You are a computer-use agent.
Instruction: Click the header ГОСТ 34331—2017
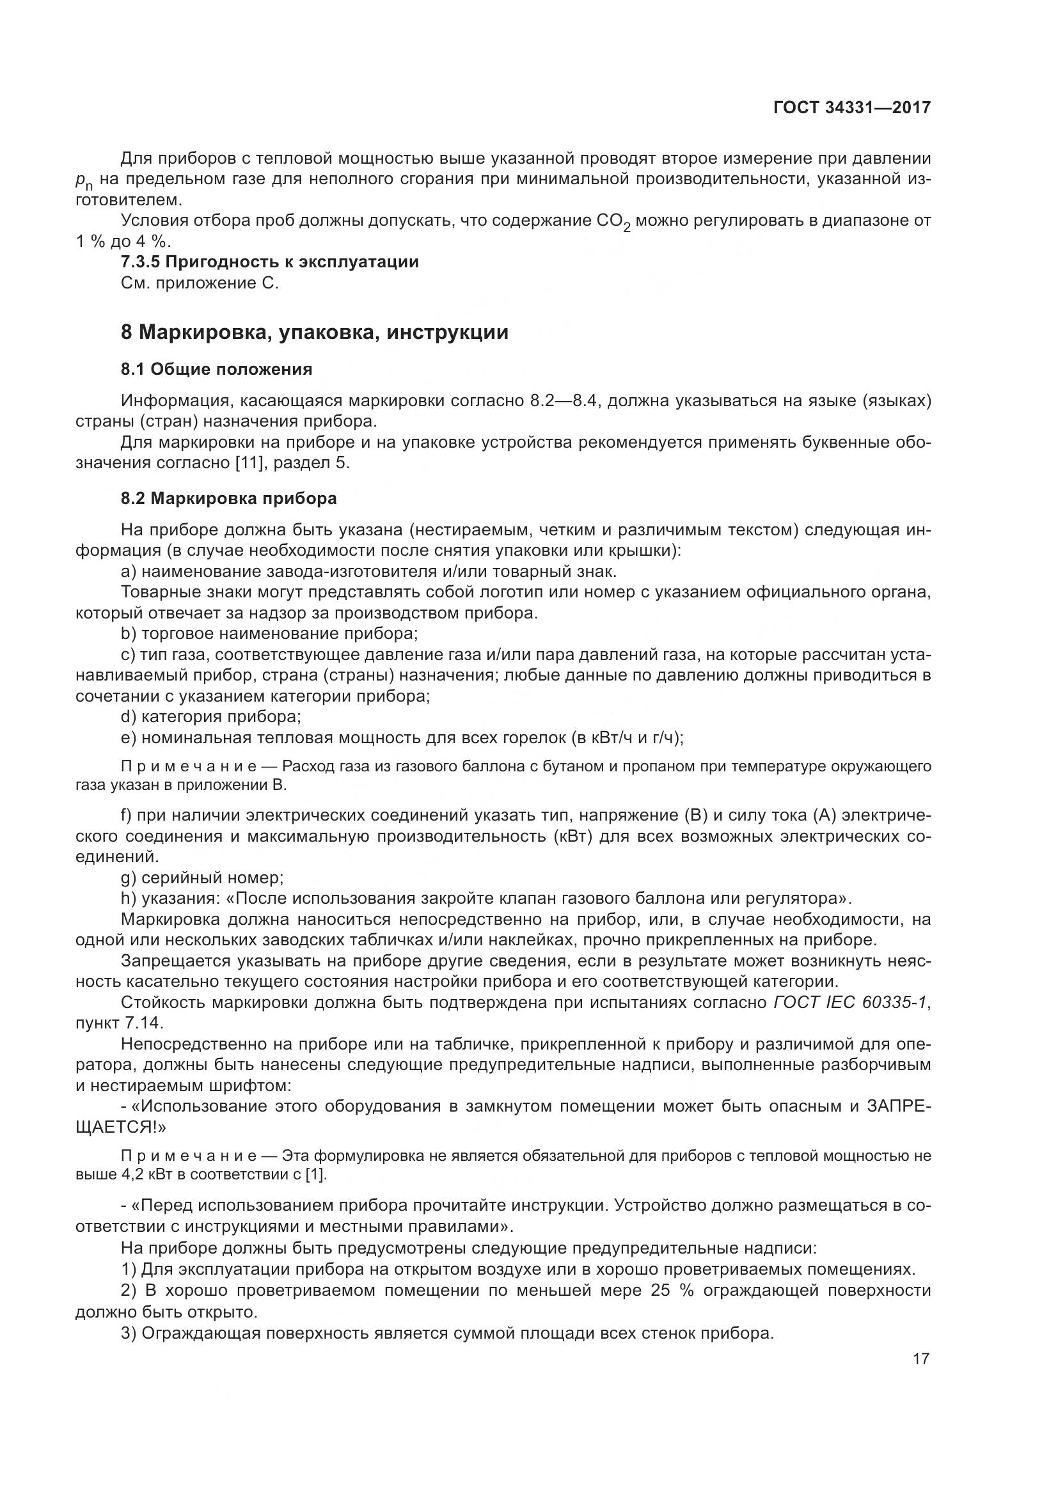(x=851, y=107)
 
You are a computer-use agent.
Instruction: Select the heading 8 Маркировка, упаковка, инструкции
(x=314, y=333)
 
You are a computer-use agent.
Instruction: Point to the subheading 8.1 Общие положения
(x=216, y=370)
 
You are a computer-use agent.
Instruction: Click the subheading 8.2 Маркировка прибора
(x=228, y=498)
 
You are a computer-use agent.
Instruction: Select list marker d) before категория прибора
(x=129, y=717)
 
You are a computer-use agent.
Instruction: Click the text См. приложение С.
(x=200, y=283)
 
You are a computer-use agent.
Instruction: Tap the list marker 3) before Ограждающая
(x=129, y=1332)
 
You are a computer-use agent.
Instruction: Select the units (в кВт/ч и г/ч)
(x=626, y=737)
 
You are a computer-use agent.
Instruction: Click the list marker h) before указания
(x=129, y=899)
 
